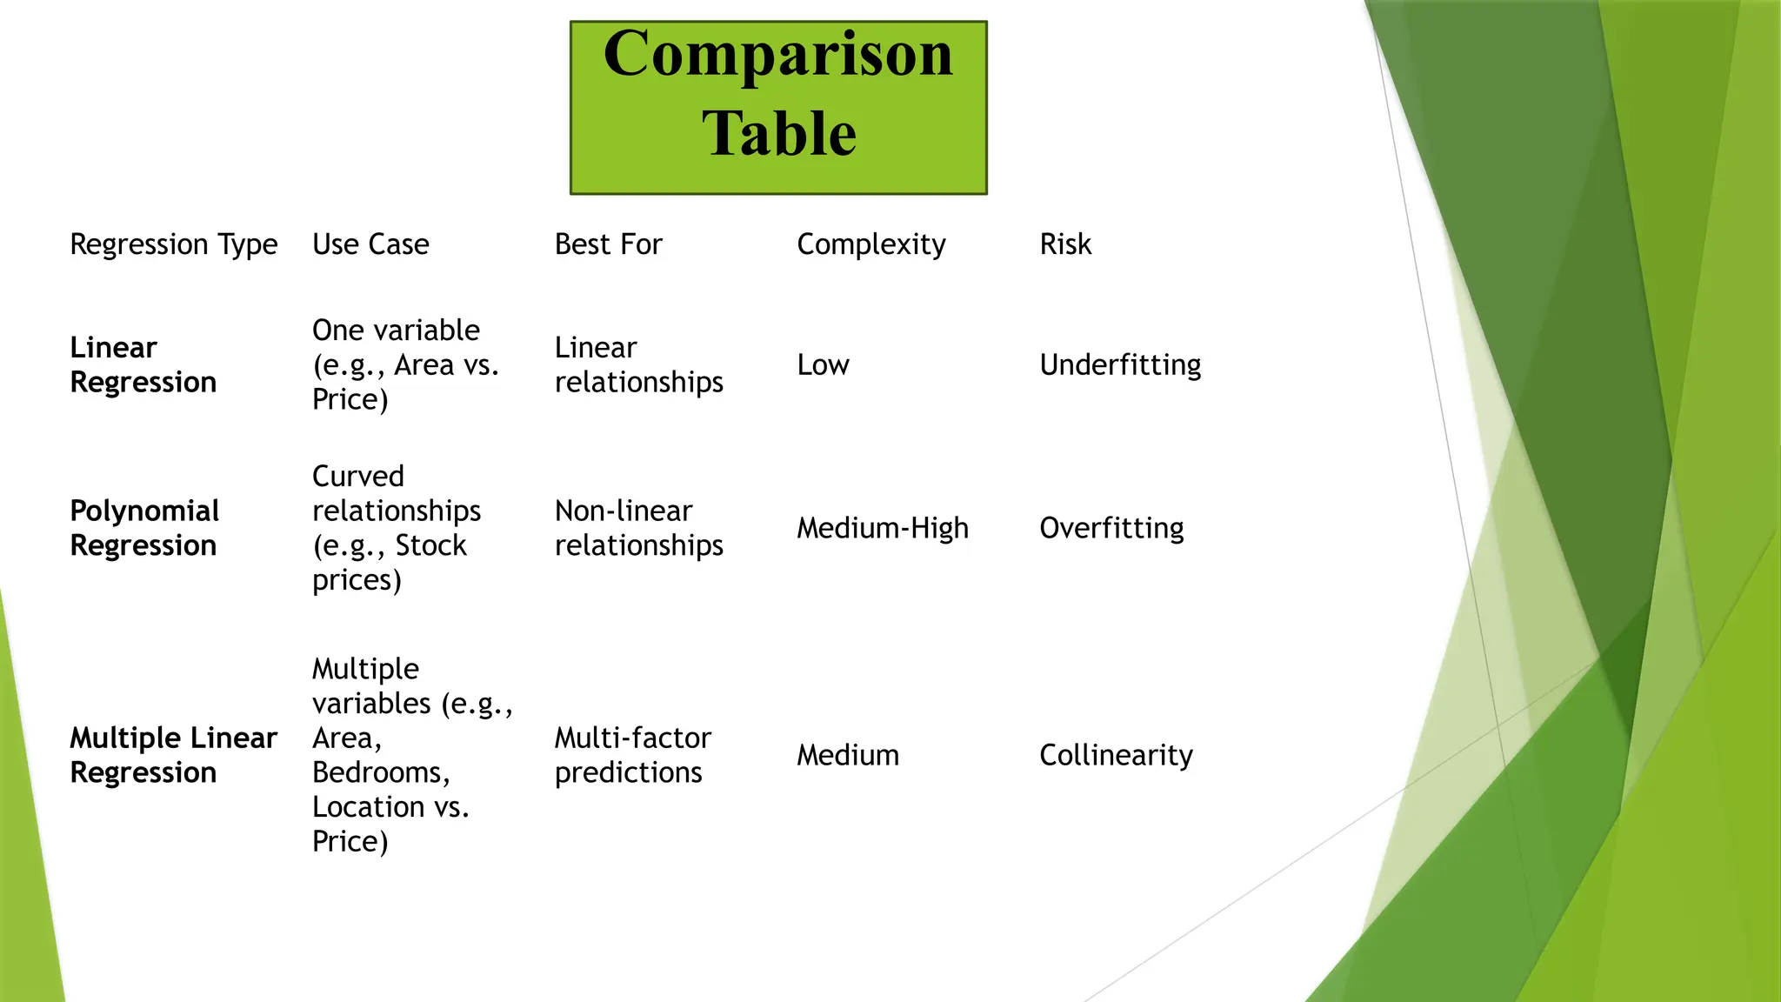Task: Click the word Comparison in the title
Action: (x=778, y=55)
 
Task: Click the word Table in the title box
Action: (x=779, y=134)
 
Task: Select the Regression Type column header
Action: (x=174, y=244)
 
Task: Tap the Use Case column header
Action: (x=370, y=244)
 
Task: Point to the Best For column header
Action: (x=608, y=244)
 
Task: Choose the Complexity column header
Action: (x=870, y=244)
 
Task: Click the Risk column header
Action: (x=1065, y=244)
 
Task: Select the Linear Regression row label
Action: (x=143, y=364)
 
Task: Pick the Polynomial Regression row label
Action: (x=144, y=528)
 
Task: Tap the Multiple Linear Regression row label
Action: (x=173, y=755)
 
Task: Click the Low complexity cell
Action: (x=823, y=364)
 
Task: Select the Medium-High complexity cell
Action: (x=882, y=528)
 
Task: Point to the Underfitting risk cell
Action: (x=1120, y=364)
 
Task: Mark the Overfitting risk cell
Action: (x=1111, y=528)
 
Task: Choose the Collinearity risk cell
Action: (x=1116, y=755)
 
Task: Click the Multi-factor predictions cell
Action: (x=633, y=755)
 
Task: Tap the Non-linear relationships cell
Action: (x=639, y=528)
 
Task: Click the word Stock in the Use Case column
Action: (x=430, y=545)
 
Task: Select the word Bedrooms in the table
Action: (x=379, y=772)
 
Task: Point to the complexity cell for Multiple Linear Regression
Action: (x=848, y=755)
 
